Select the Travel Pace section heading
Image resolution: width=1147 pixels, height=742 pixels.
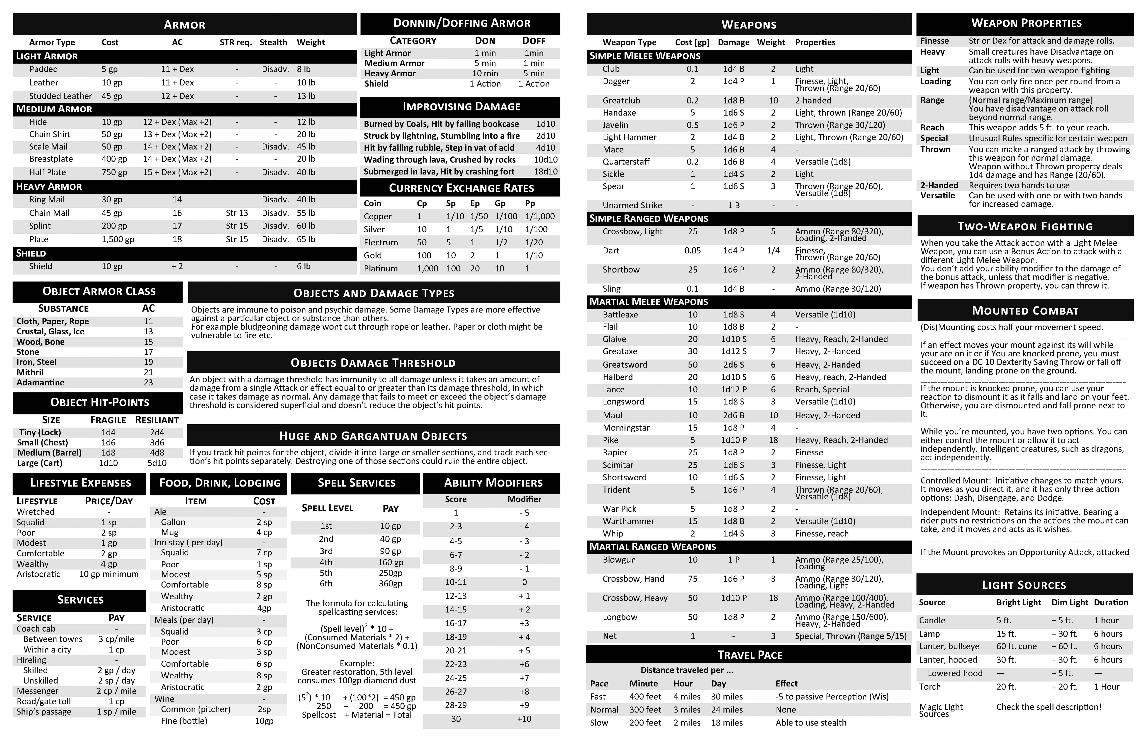[x=750, y=655]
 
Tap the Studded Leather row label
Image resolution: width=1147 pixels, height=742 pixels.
[x=60, y=96]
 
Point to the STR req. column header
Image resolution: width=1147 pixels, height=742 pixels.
[x=236, y=42]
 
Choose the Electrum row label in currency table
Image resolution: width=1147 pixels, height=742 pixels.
[x=381, y=242]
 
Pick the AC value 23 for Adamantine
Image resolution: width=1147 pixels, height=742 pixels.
[x=148, y=383]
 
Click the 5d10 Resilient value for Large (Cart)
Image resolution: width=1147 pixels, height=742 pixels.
[x=157, y=463]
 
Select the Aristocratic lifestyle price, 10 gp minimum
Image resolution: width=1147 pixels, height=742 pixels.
[x=109, y=574]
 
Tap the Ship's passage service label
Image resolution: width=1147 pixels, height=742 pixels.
[x=44, y=712]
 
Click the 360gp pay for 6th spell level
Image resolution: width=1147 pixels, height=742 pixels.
[x=390, y=583]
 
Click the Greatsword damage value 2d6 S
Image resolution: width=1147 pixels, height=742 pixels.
[x=734, y=365]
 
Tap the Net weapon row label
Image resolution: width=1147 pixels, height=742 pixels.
[x=610, y=636]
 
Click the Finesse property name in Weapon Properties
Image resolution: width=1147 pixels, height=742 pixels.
[x=934, y=41]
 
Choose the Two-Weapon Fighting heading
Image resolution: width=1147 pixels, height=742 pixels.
[x=1025, y=227]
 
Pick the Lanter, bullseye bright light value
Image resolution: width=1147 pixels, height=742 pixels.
[x=1016, y=647]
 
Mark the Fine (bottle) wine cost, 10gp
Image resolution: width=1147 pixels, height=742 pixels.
[x=264, y=721]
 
